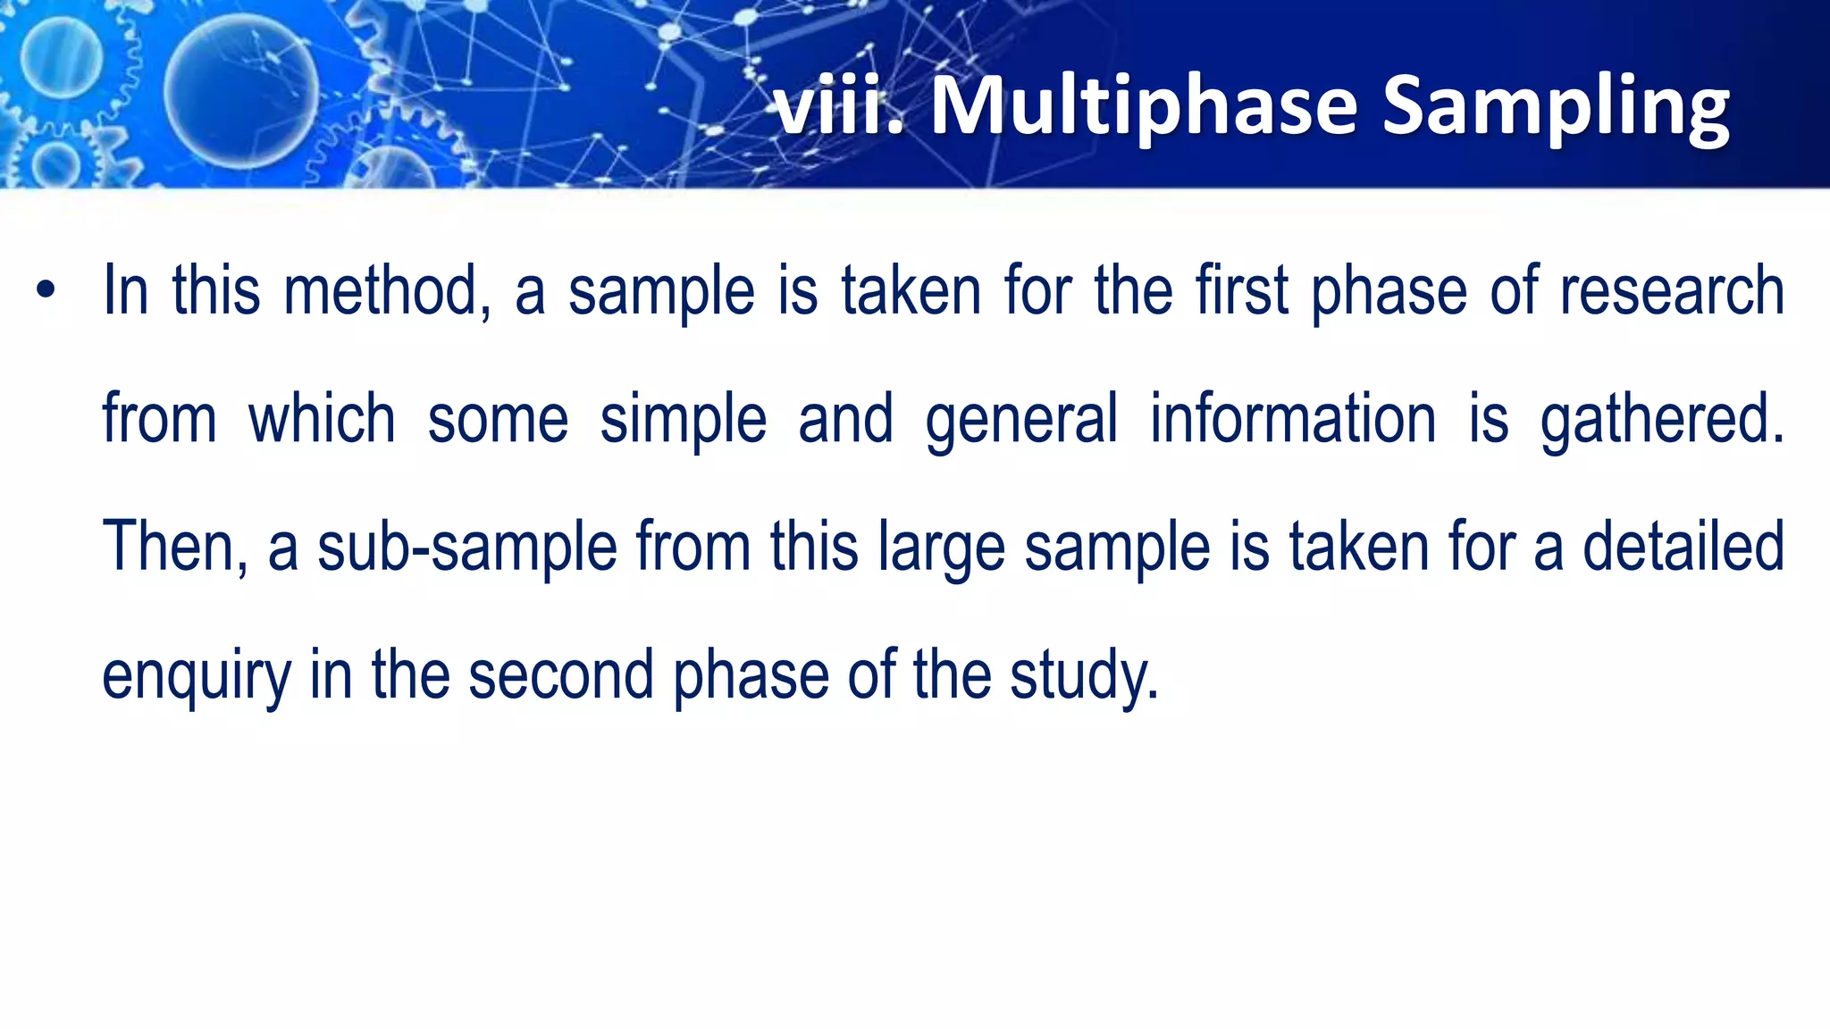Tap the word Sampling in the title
[x=1555, y=109]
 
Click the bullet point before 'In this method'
[x=46, y=291]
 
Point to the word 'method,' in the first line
[x=387, y=291]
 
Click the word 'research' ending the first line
[x=1671, y=291]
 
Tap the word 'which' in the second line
[x=322, y=420]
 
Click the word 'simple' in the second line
[x=683, y=420]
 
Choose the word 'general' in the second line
[x=1020, y=420]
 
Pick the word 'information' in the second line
[x=1292, y=420]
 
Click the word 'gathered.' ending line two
[x=1662, y=420]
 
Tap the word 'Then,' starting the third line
[x=175, y=547]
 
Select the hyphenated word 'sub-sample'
[x=466, y=548]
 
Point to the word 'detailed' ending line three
[x=1683, y=547]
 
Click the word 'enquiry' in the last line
[x=197, y=676]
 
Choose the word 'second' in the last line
[x=561, y=674]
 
